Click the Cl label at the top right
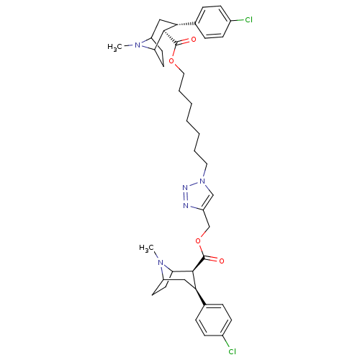tap(248, 20)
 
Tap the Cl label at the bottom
tap(232, 351)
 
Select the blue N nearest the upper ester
tap(138, 45)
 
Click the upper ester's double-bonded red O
tap(193, 40)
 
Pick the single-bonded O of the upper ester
tap(172, 61)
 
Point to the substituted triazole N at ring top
tap(202, 181)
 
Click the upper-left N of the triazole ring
tap(185, 188)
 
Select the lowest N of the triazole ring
tap(186, 205)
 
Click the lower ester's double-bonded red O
tap(221, 260)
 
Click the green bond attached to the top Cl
tap(240, 20)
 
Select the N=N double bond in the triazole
tap(185, 197)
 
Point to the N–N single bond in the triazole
tap(194, 184)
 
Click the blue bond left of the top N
tap(131, 45)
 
